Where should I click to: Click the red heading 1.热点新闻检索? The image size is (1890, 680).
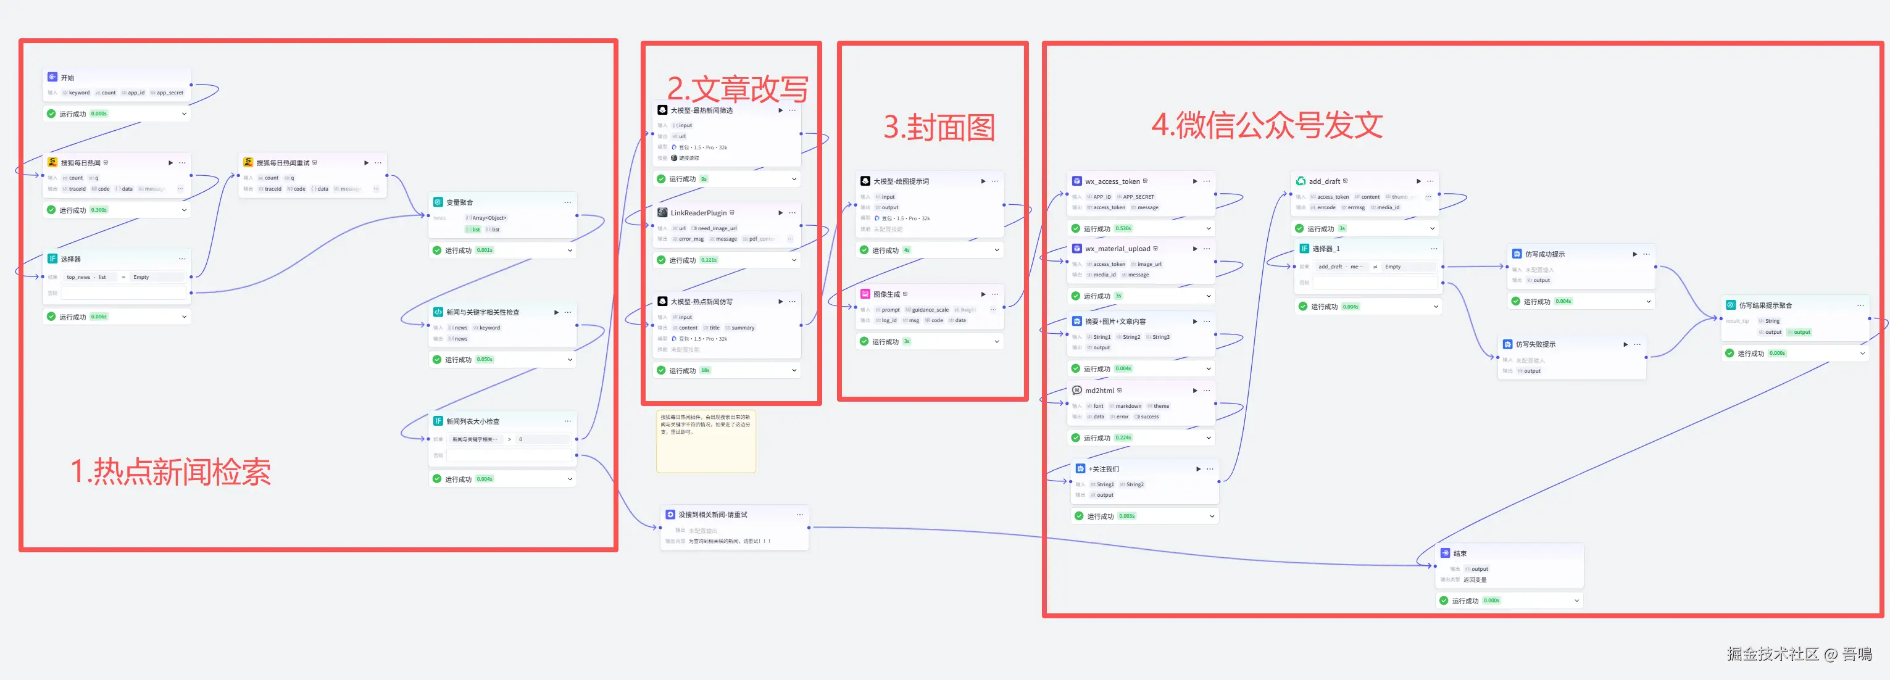click(170, 471)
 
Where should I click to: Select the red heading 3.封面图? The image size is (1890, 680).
click(938, 128)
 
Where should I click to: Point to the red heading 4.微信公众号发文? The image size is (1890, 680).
click(1267, 125)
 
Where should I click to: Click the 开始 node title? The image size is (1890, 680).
click(67, 78)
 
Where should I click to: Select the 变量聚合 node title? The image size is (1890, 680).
click(459, 202)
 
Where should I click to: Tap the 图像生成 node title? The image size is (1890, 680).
click(886, 294)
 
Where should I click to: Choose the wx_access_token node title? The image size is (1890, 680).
click(1112, 181)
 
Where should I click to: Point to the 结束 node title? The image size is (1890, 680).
click(1459, 553)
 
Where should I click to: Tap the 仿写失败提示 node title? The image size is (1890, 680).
click(1535, 344)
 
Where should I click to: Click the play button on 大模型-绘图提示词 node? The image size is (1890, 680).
click(983, 181)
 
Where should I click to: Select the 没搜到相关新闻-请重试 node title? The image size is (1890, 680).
click(712, 514)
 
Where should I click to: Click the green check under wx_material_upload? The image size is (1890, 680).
click(1076, 296)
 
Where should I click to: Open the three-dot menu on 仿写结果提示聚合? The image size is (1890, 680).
click(1860, 305)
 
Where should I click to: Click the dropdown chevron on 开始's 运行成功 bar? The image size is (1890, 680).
click(184, 114)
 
